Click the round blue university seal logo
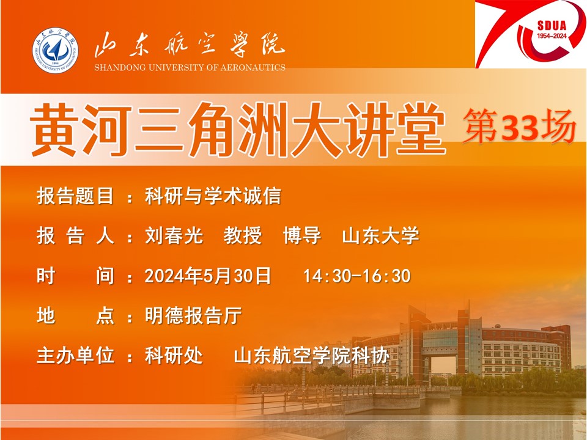point(55,50)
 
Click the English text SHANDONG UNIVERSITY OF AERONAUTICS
point(190,68)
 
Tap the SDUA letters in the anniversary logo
point(552,26)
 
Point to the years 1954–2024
point(552,36)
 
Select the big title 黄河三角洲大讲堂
point(238,130)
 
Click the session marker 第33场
point(519,127)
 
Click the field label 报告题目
point(75,196)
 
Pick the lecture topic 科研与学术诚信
point(213,196)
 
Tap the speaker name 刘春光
point(174,236)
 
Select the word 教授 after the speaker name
point(243,236)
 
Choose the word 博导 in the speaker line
point(301,236)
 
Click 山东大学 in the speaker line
point(380,236)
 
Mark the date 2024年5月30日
point(208,276)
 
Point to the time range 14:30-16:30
point(356,276)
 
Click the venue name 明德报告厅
point(193,315)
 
